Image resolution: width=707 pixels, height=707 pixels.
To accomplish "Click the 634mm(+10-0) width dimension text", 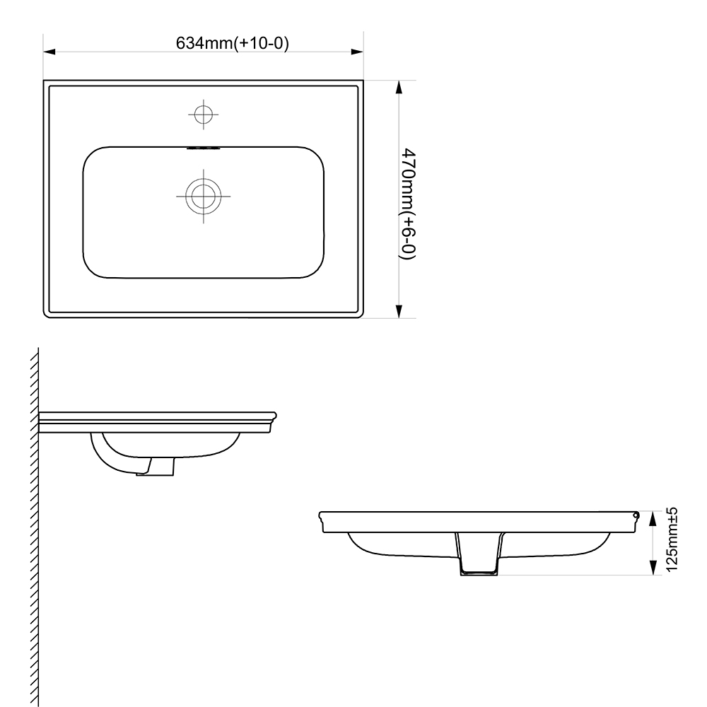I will tap(233, 42).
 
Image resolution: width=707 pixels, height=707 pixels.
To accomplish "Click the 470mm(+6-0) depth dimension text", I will tap(408, 204).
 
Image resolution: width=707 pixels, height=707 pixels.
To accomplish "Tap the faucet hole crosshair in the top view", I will tap(204, 114).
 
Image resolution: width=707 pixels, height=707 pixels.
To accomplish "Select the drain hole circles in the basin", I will tap(204, 197).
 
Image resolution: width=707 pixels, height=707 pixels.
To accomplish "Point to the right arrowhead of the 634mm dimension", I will tap(358, 52).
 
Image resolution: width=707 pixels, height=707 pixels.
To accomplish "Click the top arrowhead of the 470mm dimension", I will tap(399, 87).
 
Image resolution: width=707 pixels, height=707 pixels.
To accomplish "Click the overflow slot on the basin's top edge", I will tap(204, 148).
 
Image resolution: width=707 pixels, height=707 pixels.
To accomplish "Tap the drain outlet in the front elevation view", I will tap(480, 559).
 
